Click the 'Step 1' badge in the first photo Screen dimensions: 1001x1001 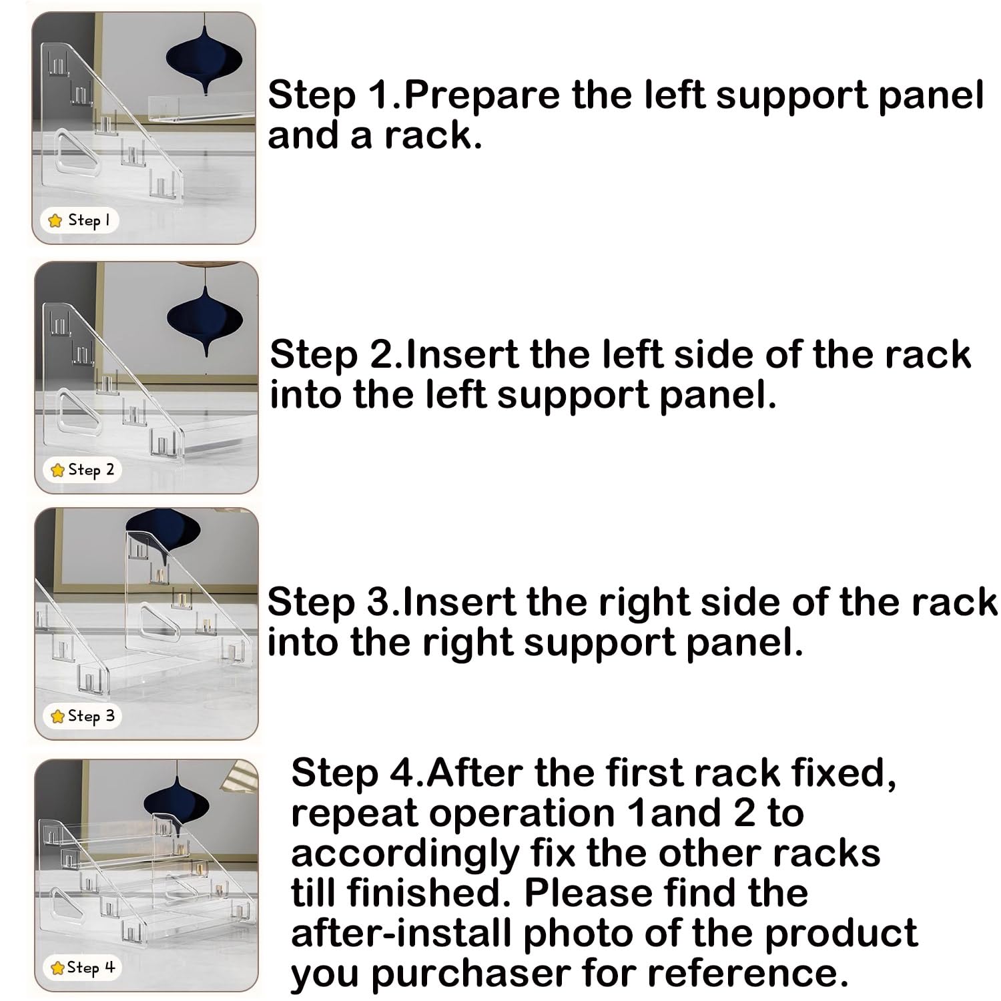pyautogui.click(x=79, y=220)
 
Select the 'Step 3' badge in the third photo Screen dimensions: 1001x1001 pyautogui.click(x=83, y=716)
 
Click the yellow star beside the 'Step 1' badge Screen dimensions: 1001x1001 pyautogui.click(x=55, y=220)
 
